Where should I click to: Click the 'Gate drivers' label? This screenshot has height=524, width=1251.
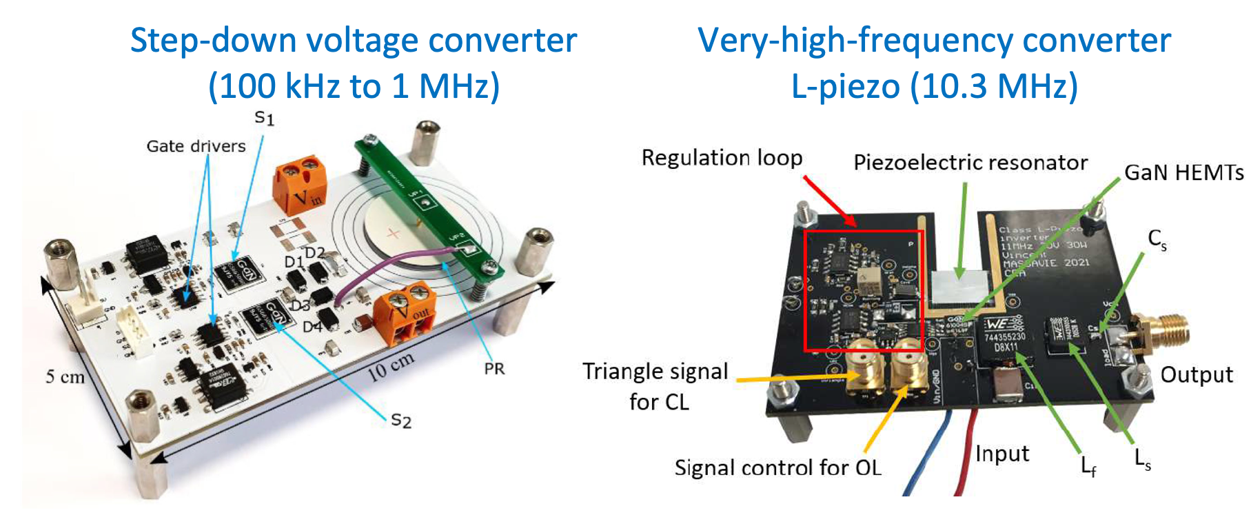[196, 146]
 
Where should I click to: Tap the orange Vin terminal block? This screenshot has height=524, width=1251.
[301, 184]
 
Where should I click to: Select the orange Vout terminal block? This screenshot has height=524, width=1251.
[407, 316]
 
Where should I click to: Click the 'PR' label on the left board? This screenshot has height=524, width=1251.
[494, 369]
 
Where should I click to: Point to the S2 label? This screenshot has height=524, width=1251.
[400, 420]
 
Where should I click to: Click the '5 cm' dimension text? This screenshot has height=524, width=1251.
[65, 376]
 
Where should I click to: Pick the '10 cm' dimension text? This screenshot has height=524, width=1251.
[391, 366]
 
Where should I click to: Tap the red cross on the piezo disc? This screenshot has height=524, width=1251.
[394, 233]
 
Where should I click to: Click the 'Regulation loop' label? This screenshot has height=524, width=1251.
[722, 158]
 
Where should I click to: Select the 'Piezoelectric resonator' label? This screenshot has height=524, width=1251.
[970, 163]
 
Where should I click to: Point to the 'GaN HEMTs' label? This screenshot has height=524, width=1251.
[1183, 172]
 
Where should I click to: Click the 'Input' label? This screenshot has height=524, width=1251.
[1001, 454]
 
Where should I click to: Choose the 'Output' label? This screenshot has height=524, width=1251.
[1197, 374]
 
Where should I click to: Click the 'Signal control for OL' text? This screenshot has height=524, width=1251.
[777, 467]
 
